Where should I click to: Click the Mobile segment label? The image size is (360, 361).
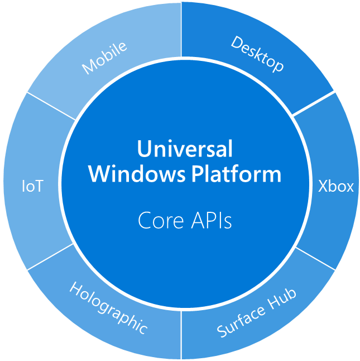104,58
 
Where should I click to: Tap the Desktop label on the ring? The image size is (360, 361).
257,54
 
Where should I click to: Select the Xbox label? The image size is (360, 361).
336,186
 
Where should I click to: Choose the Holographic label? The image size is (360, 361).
108,307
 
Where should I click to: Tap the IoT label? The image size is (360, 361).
32,187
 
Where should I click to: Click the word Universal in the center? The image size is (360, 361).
185,149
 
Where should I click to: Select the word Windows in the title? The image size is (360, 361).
136,174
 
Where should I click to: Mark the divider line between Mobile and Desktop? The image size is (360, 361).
181,28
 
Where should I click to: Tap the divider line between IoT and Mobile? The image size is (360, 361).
50,106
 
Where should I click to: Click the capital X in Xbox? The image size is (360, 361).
323,186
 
